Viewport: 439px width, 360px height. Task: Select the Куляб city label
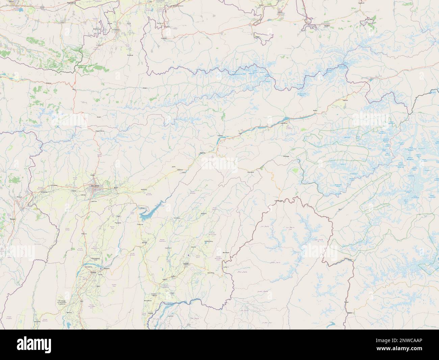(185, 263)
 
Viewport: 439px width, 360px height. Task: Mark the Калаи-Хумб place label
(280, 201)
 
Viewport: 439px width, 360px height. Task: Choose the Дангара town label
(144, 243)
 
